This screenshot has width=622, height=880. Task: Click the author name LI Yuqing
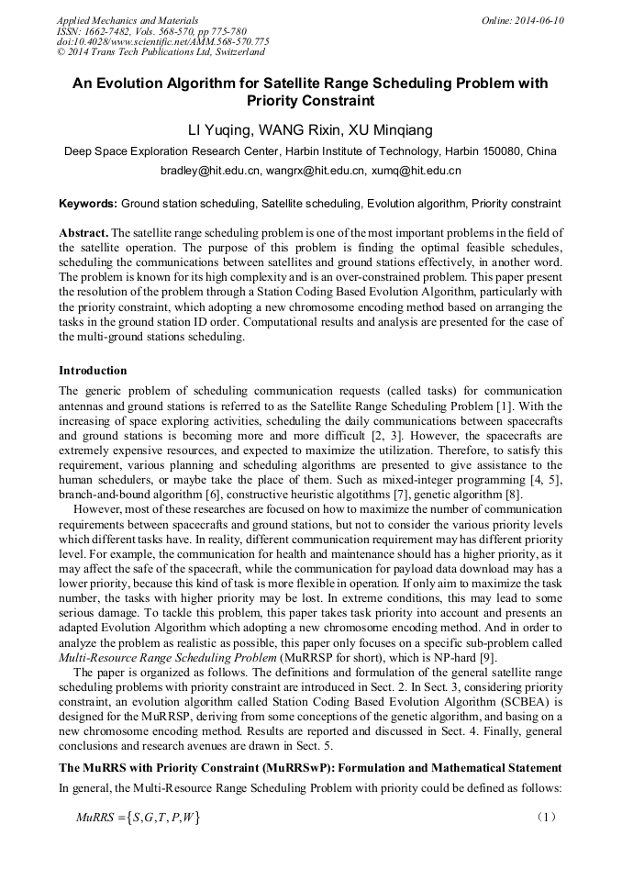point(220,130)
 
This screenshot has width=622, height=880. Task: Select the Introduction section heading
point(93,371)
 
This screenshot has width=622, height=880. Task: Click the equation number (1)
point(547,816)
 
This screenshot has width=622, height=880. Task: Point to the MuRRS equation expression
point(138,817)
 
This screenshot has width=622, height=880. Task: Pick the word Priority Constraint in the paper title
point(311,101)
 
